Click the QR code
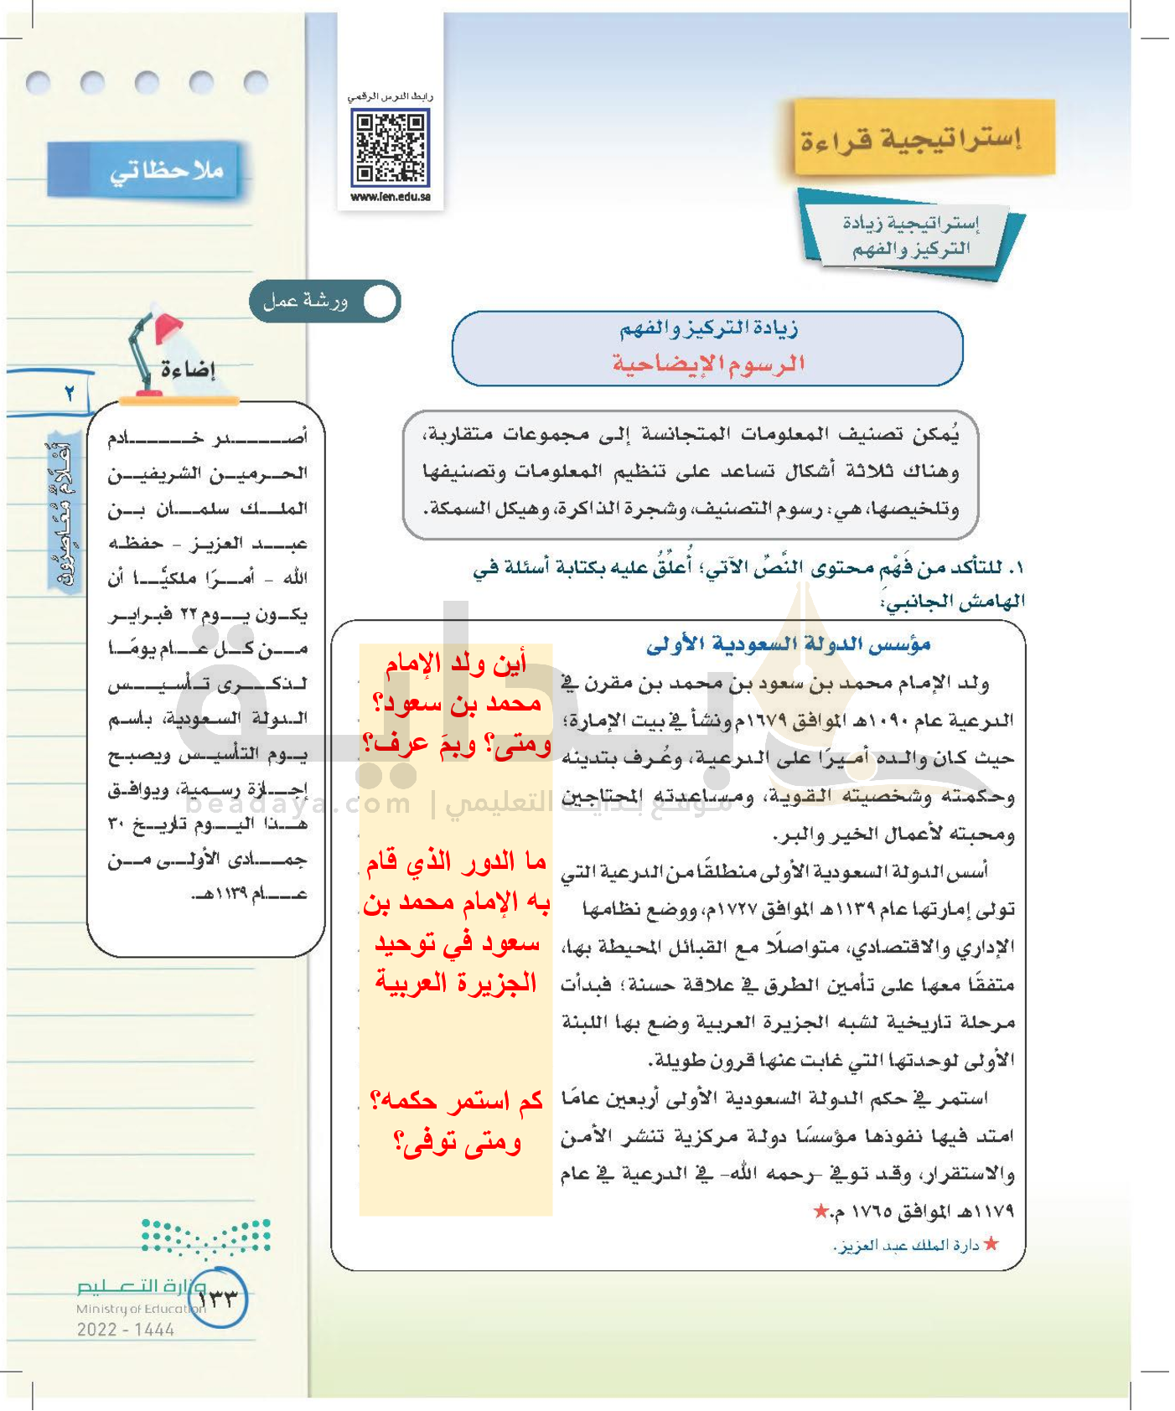click(390, 149)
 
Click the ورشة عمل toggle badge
click(325, 302)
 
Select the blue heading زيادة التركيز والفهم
click(708, 328)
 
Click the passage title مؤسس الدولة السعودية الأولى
click(788, 644)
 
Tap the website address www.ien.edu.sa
click(391, 197)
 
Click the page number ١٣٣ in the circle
click(217, 1298)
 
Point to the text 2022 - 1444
click(126, 1330)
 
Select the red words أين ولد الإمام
click(456, 664)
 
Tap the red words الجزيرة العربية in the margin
click(456, 982)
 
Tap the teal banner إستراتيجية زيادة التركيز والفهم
click(911, 235)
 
